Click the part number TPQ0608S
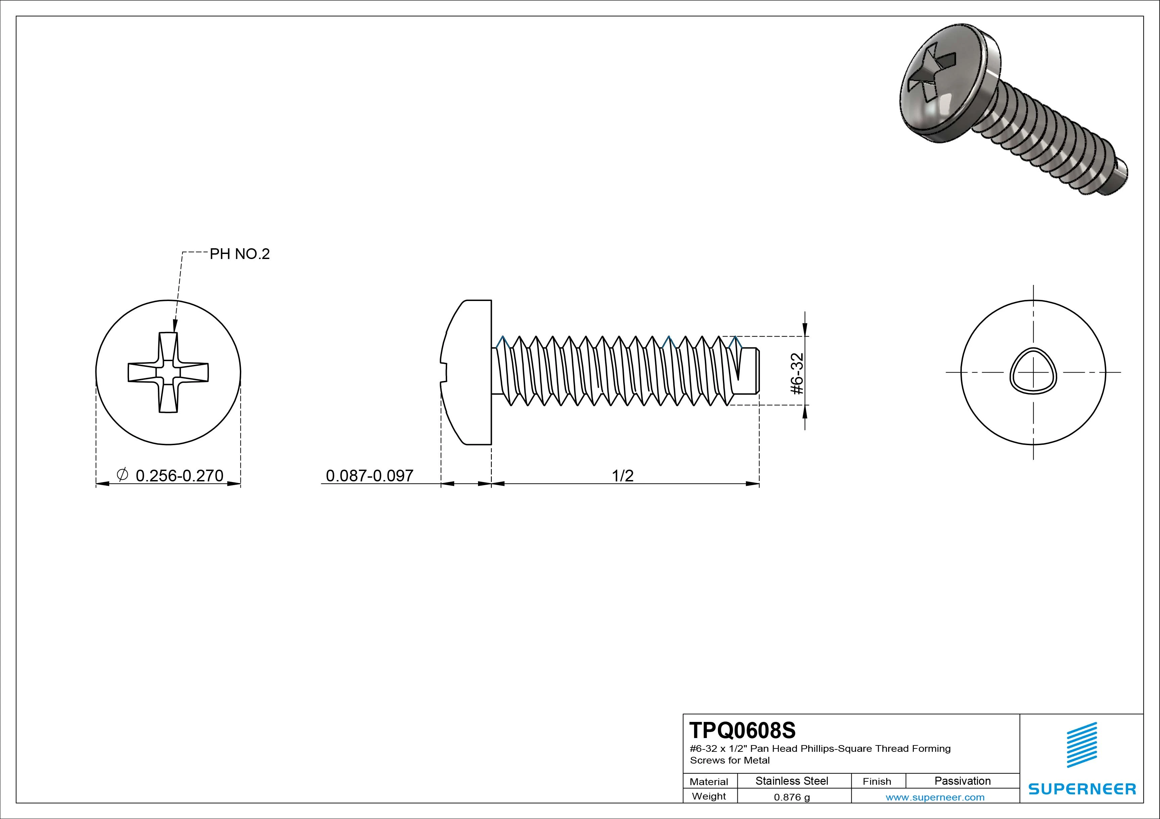[x=742, y=731]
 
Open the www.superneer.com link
[x=935, y=797]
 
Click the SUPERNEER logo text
[x=1082, y=789]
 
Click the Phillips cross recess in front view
[x=168, y=372]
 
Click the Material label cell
[x=709, y=782]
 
